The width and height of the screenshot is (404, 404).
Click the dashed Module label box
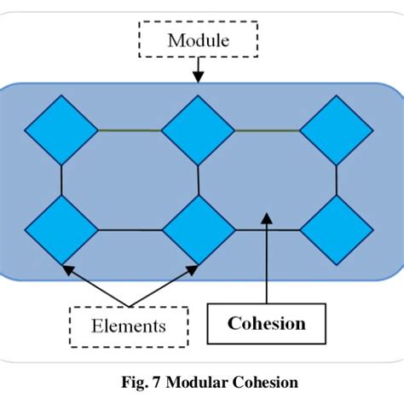(x=198, y=40)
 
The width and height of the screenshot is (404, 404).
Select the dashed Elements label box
(x=130, y=325)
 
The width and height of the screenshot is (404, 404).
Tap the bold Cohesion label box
(x=267, y=324)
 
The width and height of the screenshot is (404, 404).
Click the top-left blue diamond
(x=61, y=130)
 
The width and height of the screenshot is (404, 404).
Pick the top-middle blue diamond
(x=198, y=130)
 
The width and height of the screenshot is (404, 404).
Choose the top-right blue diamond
(x=336, y=130)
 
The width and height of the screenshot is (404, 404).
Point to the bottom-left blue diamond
(x=61, y=229)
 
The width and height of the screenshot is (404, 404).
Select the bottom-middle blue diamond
(x=198, y=229)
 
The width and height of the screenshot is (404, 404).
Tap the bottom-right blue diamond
(x=336, y=229)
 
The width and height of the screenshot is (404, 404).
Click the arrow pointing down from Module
(x=198, y=70)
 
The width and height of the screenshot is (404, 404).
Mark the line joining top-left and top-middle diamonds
(x=129, y=130)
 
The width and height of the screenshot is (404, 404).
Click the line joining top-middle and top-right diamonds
(x=267, y=130)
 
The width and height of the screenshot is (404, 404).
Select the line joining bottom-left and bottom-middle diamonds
(x=129, y=229)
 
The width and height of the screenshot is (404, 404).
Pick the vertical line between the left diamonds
(x=61, y=180)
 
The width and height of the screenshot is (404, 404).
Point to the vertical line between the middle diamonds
(x=199, y=180)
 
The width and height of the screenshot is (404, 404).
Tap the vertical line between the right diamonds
(x=336, y=180)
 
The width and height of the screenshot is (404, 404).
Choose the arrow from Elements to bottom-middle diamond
(x=162, y=286)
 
